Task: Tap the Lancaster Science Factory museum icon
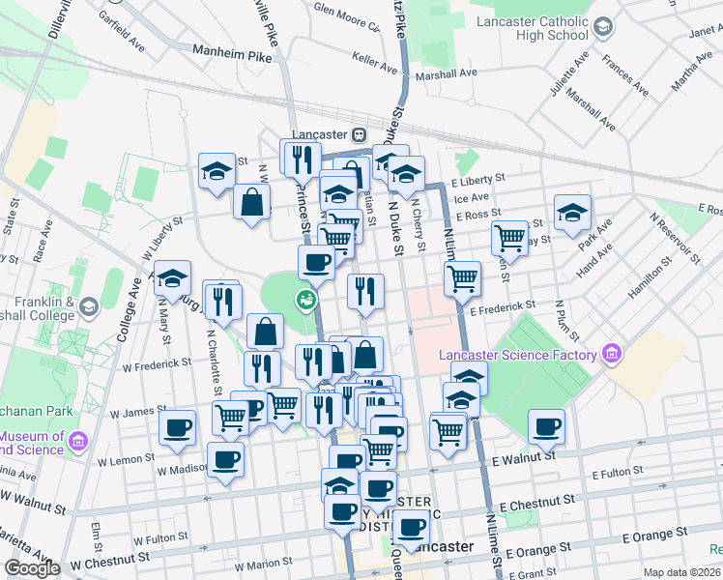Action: [611, 355]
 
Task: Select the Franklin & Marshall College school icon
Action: [89, 307]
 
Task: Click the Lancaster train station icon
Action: [359, 135]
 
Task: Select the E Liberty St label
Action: [479, 179]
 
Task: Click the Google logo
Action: [32, 568]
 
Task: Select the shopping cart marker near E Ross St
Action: [508, 237]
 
